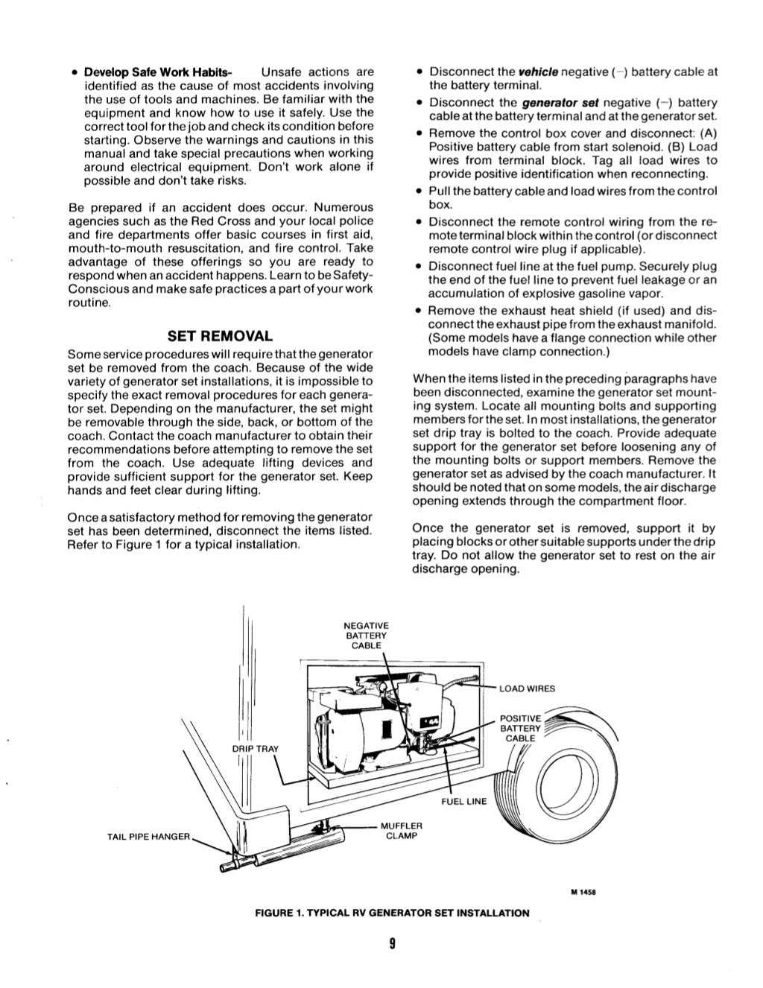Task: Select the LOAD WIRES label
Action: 528,688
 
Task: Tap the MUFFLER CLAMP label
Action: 402,830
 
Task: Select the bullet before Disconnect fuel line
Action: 421,267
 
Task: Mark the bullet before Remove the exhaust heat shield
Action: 421,311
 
